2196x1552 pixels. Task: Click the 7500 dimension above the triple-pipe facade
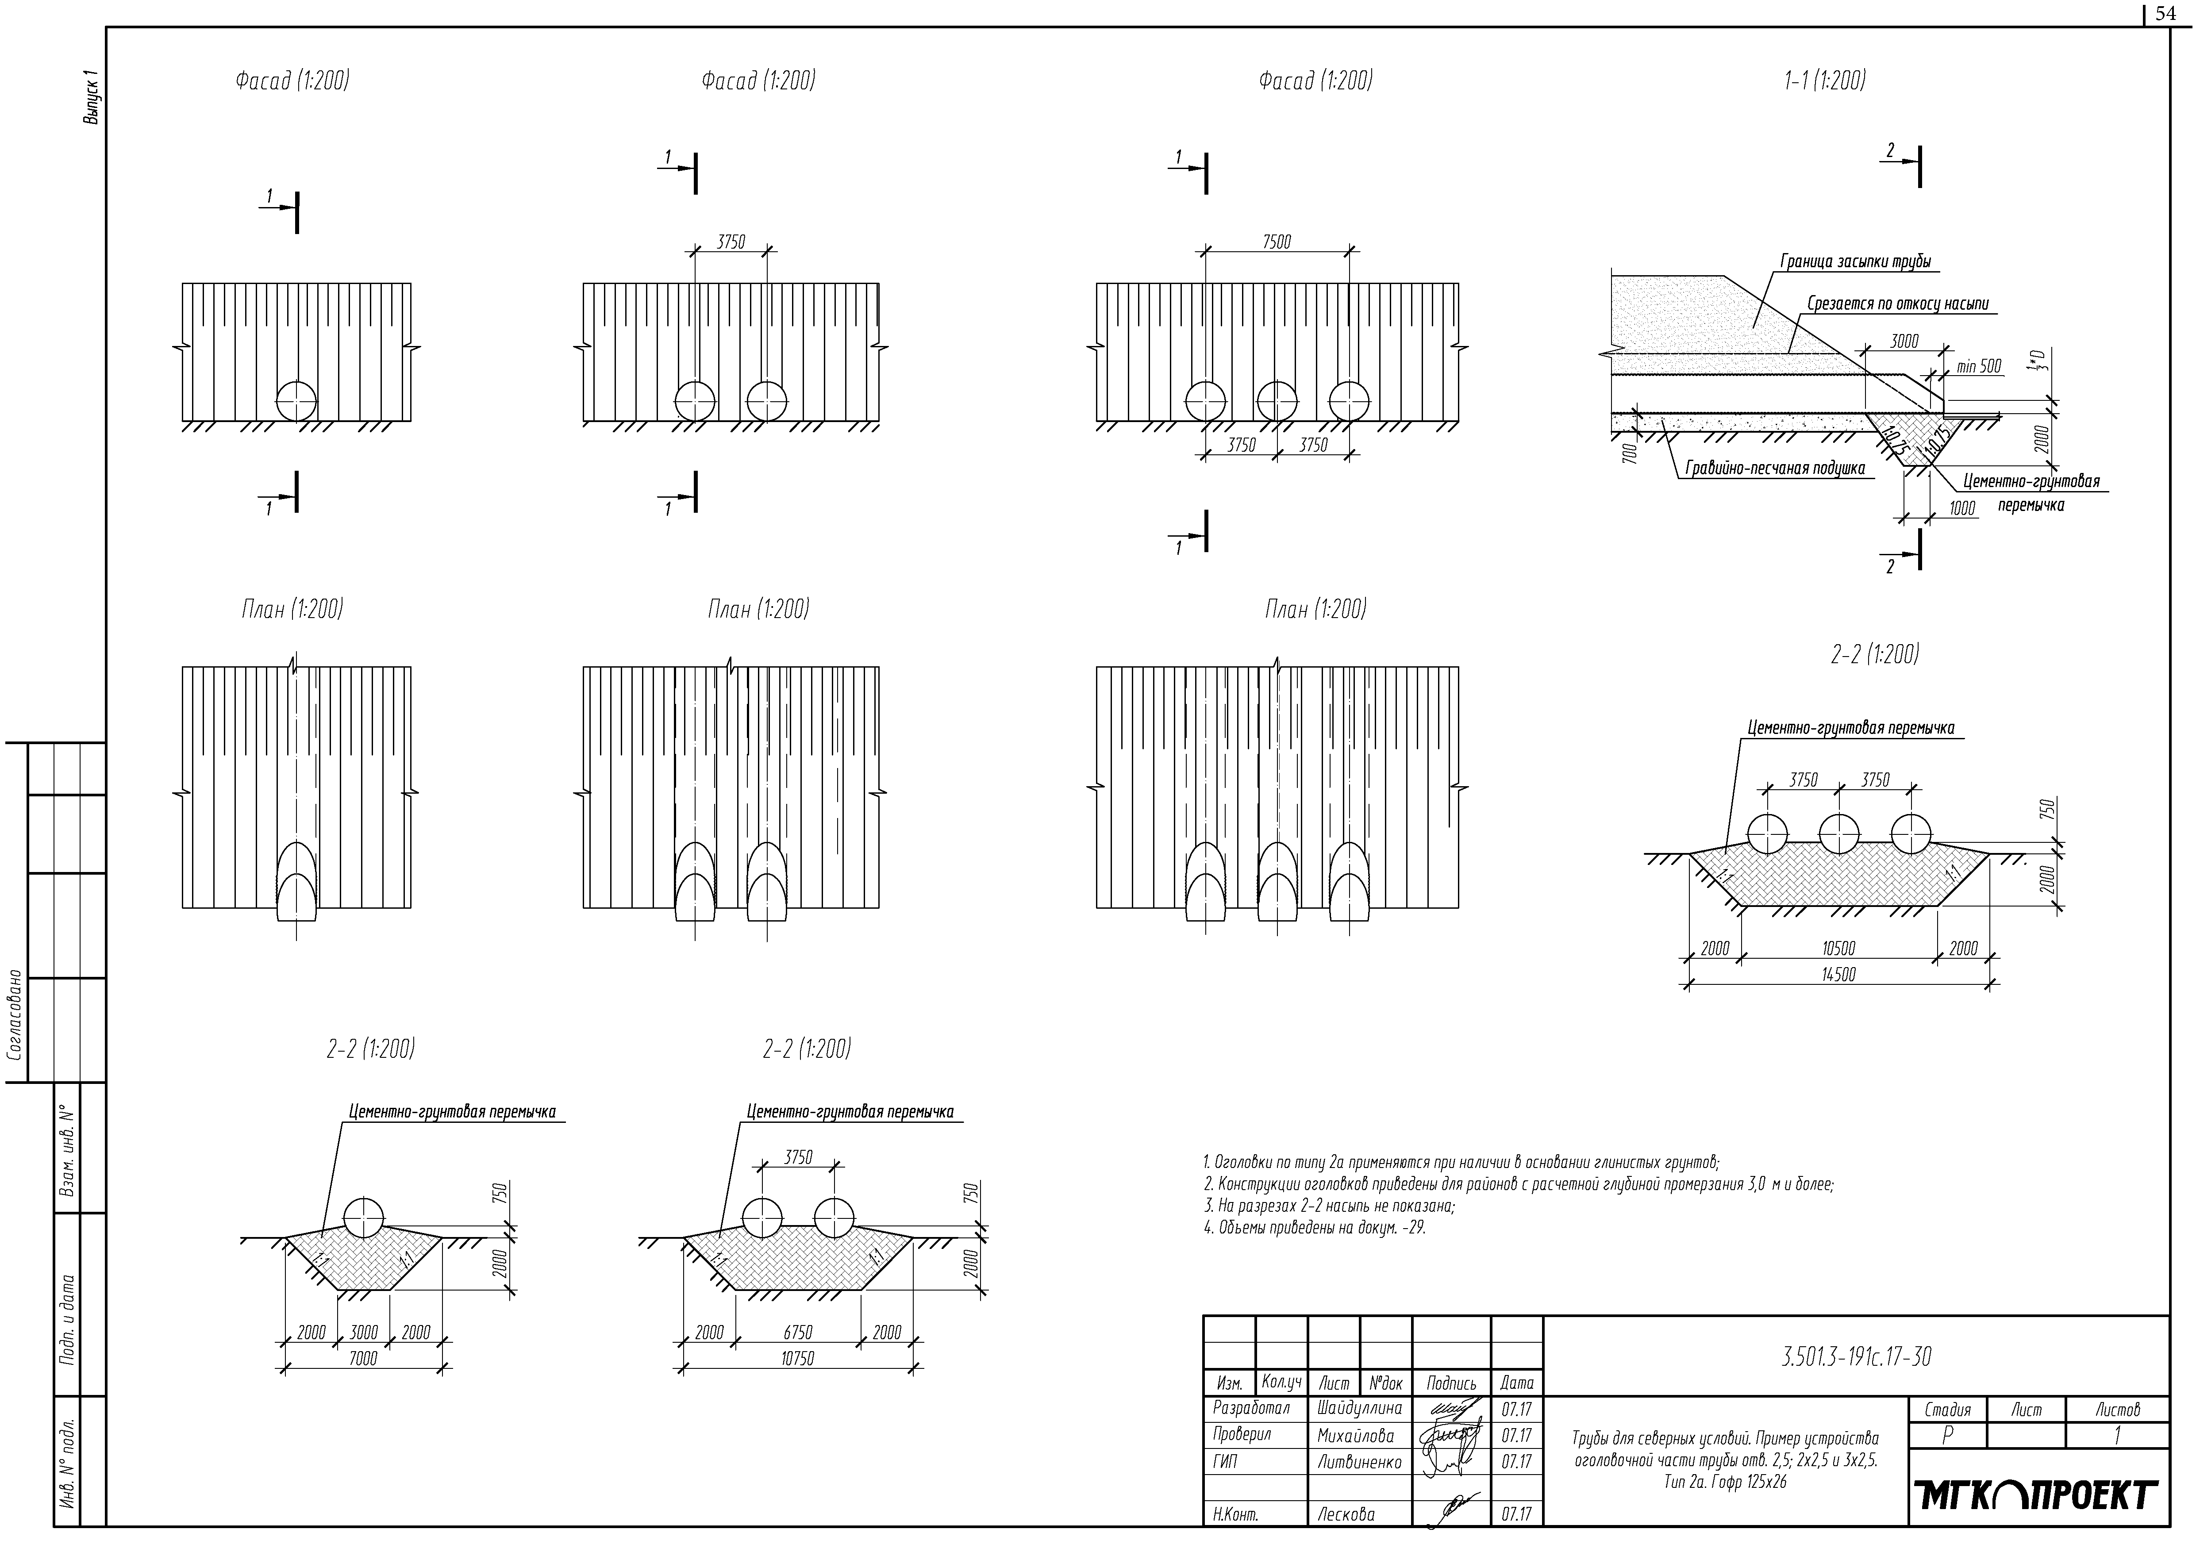(x=1276, y=242)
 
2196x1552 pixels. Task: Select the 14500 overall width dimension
(x=1838, y=974)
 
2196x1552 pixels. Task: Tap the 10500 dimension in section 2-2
(x=1838, y=949)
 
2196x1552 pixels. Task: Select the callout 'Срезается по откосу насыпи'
(x=1898, y=304)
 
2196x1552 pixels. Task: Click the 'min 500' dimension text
(x=1978, y=366)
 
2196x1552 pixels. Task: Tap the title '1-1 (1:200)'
(x=1825, y=81)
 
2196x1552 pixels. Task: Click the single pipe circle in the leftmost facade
(x=296, y=400)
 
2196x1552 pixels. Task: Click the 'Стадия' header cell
(x=1947, y=1410)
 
